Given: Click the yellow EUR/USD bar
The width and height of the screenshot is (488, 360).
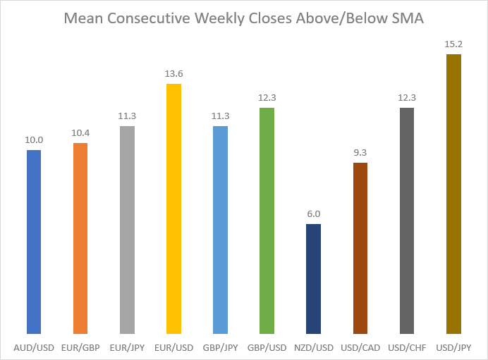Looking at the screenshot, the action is click(x=173, y=209).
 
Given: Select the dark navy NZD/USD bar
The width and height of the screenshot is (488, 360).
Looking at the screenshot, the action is click(x=313, y=279).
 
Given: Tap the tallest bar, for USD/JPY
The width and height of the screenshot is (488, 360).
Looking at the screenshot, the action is click(x=453, y=194).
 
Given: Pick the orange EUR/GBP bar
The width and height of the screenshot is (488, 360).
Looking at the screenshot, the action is click(x=80, y=238).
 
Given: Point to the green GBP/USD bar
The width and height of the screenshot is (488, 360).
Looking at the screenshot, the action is click(x=267, y=221).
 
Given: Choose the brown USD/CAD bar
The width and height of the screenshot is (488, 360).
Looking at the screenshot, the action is click(x=360, y=248).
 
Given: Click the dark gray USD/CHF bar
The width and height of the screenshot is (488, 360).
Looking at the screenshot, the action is click(x=407, y=221).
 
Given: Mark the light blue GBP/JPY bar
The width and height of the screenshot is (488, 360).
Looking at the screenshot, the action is click(x=220, y=230).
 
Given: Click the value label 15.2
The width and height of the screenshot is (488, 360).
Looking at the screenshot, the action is click(x=453, y=44).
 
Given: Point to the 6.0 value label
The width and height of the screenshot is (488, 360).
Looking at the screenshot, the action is click(x=313, y=214).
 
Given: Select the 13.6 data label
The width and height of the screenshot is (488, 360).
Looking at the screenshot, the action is click(x=173, y=74).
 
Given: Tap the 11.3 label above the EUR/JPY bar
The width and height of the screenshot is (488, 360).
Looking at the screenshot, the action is click(x=127, y=116).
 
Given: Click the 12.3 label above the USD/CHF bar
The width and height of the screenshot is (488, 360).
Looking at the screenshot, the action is click(x=407, y=98).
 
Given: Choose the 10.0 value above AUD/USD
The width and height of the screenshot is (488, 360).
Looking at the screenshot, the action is click(x=34, y=140).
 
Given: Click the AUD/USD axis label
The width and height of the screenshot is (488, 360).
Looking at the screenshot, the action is click(x=34, y=347).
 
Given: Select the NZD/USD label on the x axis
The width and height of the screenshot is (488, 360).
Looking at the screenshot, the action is click(x=313, y=347).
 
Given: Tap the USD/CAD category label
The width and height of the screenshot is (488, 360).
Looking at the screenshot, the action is click(x=360, y=347).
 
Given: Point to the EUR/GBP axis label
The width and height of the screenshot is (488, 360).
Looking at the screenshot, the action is click(x=80, y=347).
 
